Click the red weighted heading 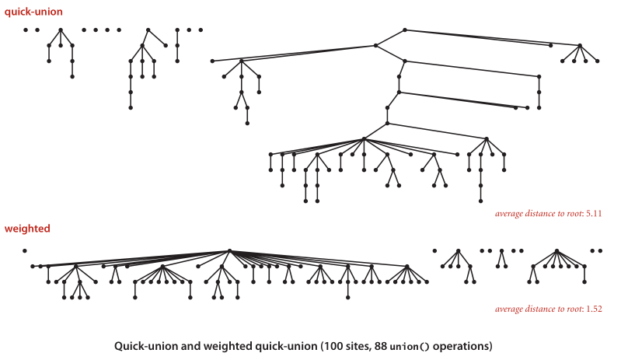click(x=27, y=229)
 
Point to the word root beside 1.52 click(x=570, y=309)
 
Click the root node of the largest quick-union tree click(x=405, y=30)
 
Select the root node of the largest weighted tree click(x=229, y=250)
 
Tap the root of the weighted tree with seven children click(x=557, y=250)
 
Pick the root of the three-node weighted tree click(x=502, y=250)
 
